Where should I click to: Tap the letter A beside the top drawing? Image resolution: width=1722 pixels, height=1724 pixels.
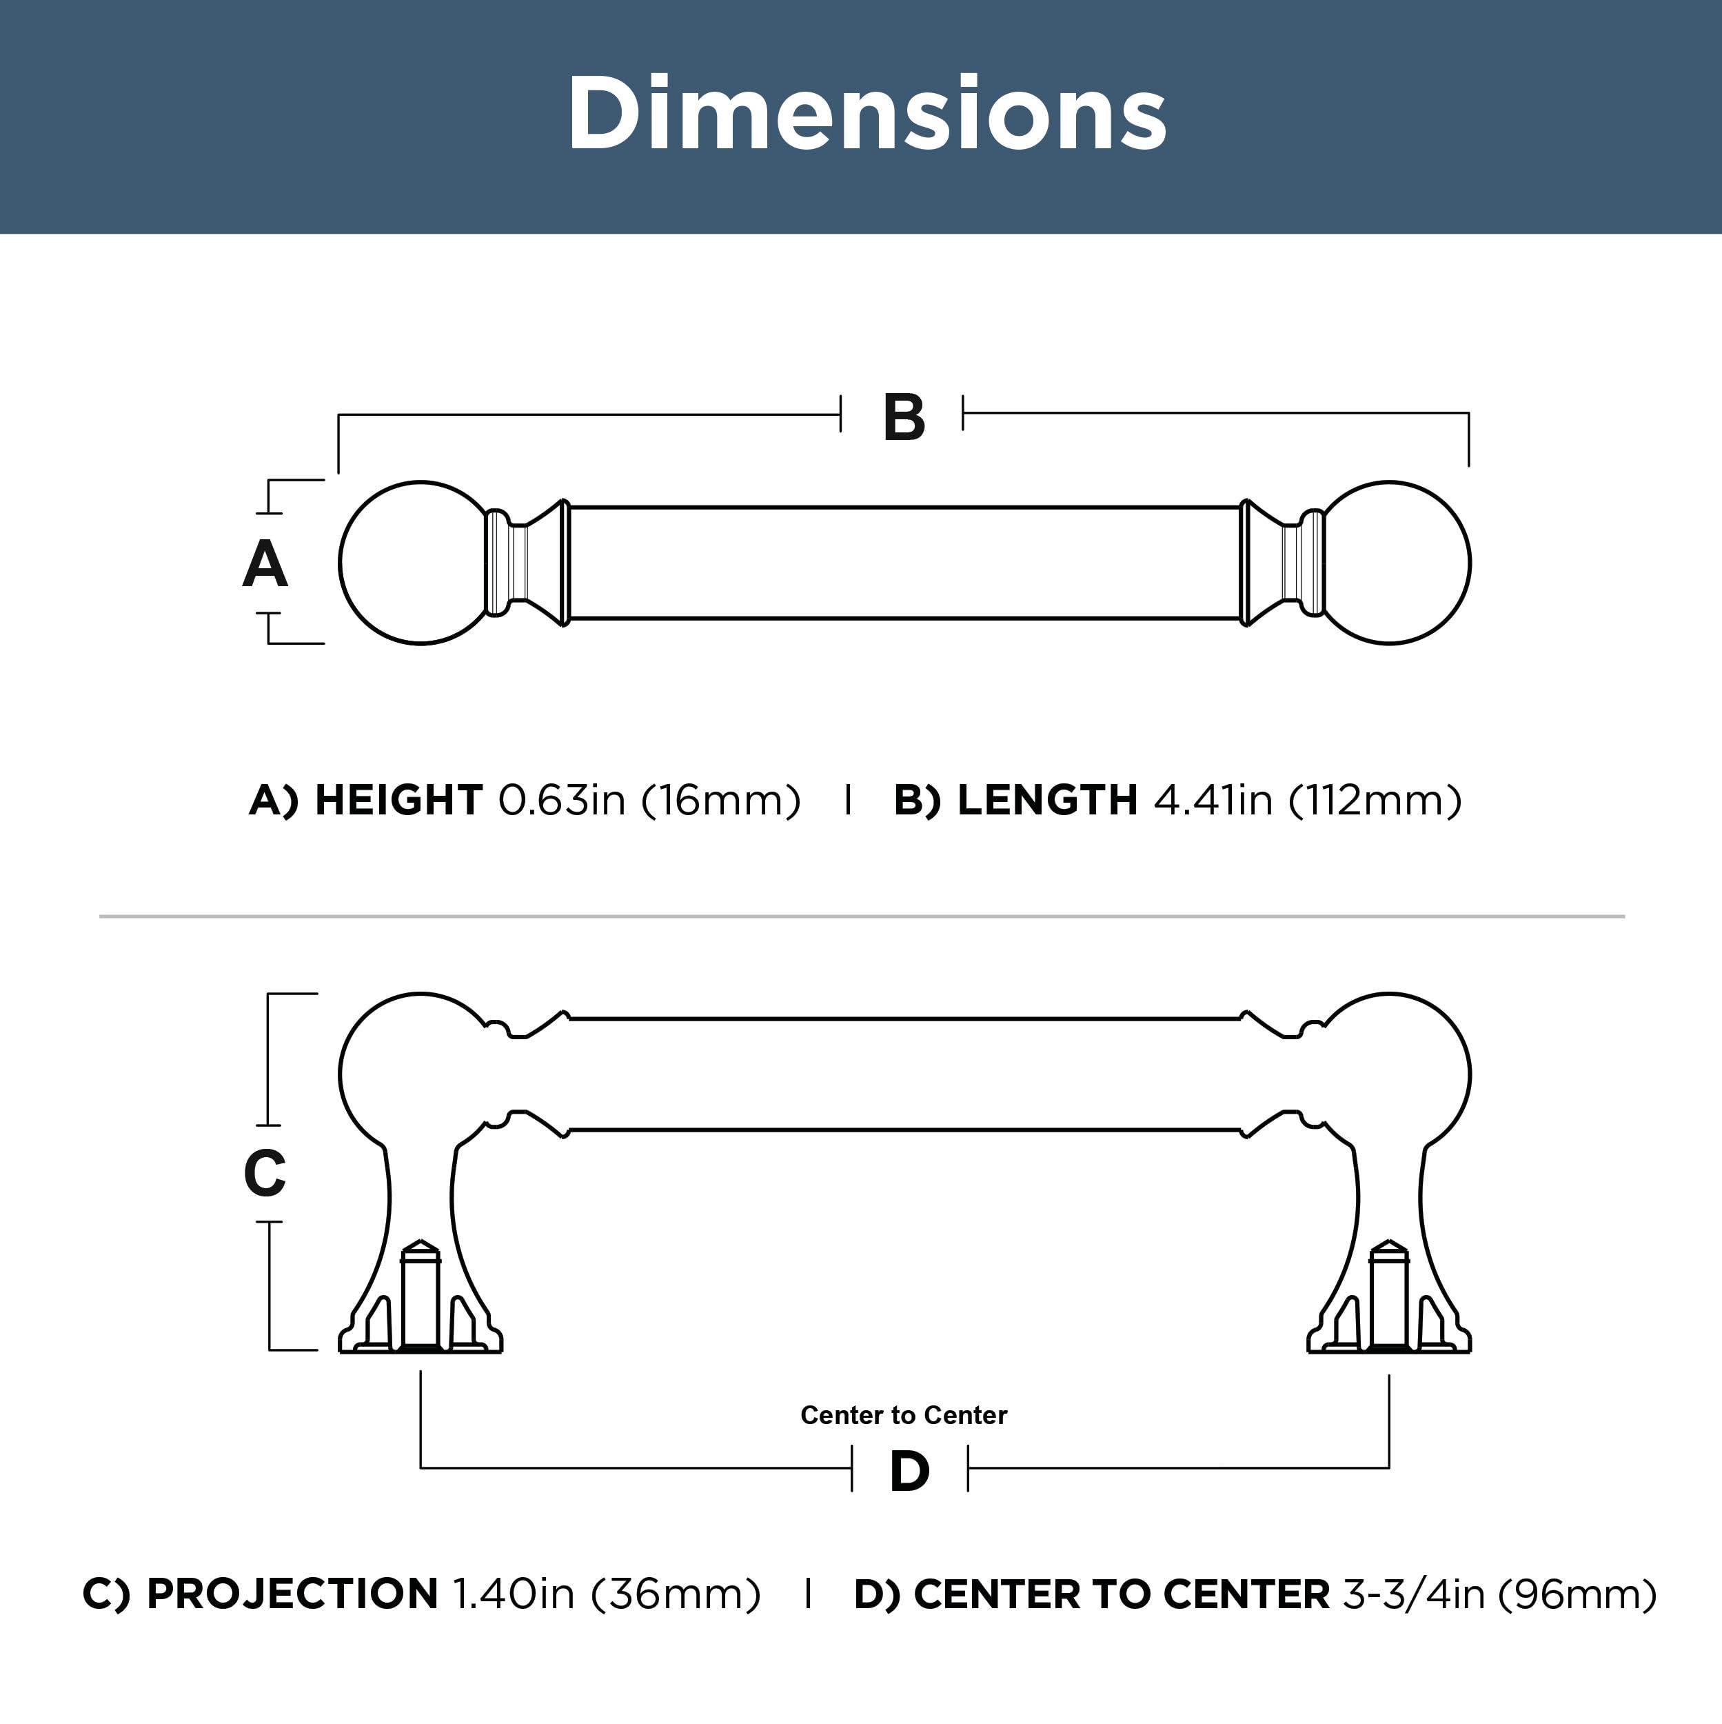tap(265, 565)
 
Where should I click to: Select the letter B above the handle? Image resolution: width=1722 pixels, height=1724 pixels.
tap(904, 418)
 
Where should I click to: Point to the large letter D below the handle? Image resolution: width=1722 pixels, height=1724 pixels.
tap(909, 1472)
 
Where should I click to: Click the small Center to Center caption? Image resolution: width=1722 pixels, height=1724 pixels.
tap(904, 1415)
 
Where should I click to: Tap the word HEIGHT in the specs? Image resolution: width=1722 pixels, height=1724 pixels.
tap(399, 801)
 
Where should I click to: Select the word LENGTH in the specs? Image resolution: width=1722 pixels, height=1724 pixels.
tap(1048, 801)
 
